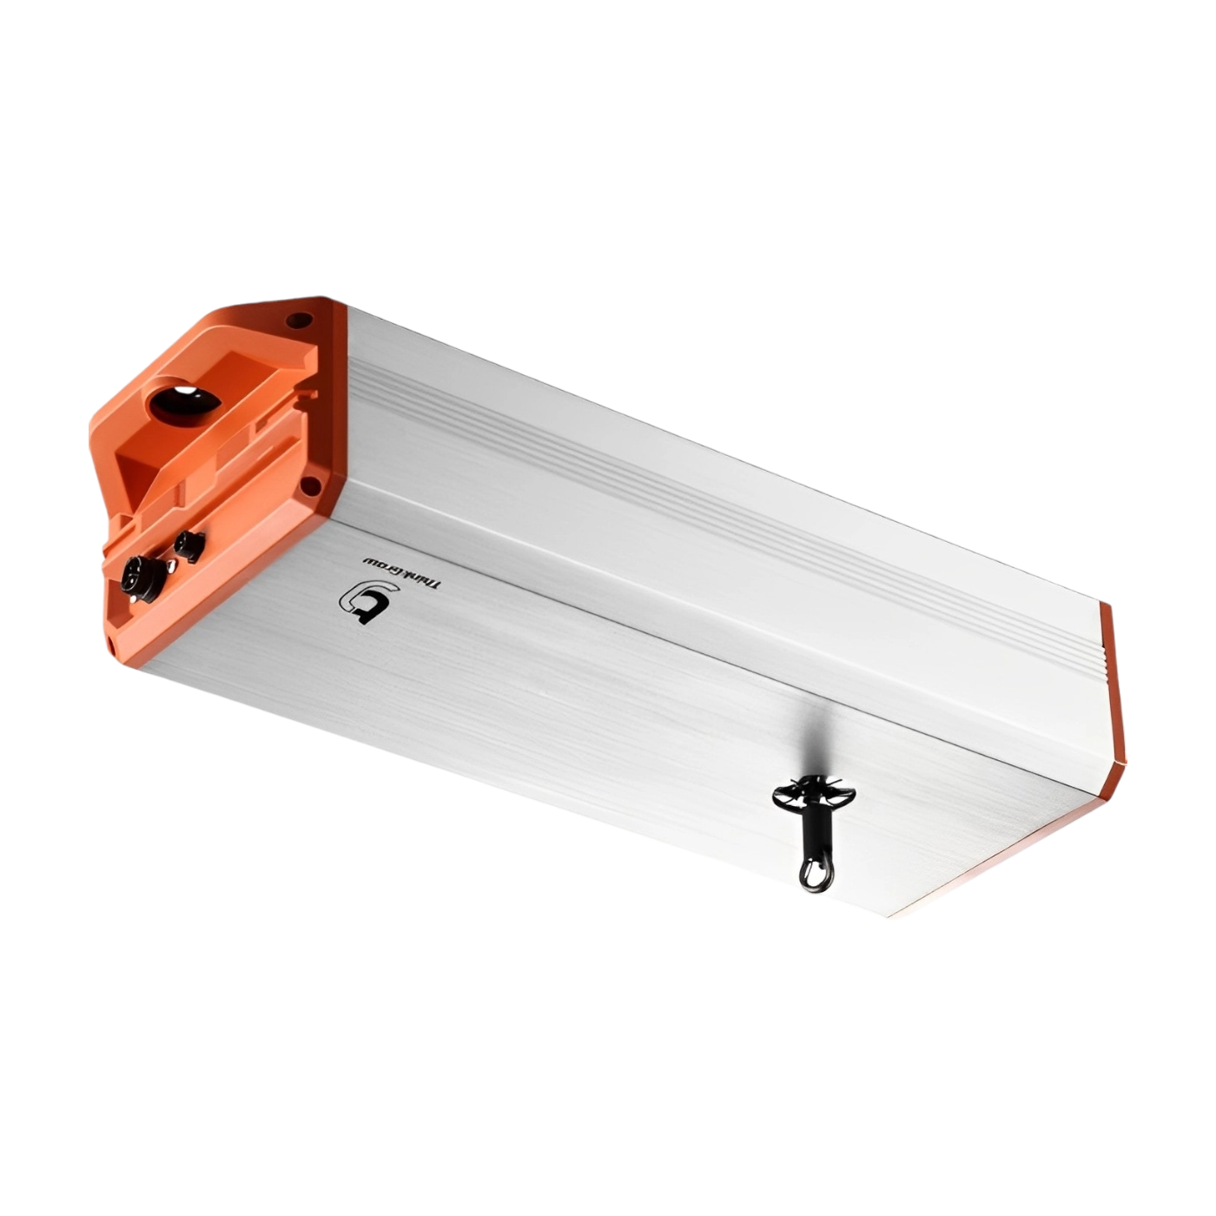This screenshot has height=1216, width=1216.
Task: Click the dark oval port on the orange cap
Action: pos(185,401)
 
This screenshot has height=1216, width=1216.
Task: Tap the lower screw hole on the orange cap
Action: pos(307,486)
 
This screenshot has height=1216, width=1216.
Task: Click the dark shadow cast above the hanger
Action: pos(812,738)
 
